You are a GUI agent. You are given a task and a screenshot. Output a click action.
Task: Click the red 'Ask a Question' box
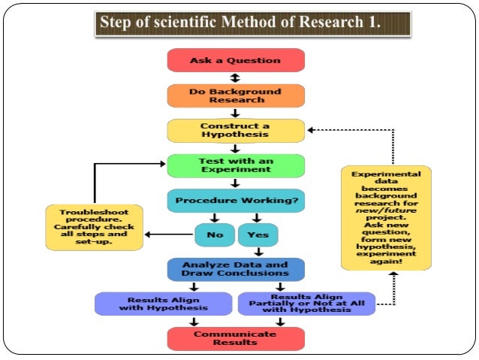pyautogui.click(x=235, y=60)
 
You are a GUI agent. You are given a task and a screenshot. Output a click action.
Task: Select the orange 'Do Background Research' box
pyautogui.click(x=235, y=95)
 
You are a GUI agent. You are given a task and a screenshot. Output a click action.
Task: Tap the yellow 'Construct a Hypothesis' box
pyautogui.click(x=235, y=130)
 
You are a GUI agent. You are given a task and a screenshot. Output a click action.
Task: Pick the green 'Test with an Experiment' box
pyautogui.click(x=235, y=165)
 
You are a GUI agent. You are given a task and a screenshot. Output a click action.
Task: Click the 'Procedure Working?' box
pyautogui.click(x=235, y=201)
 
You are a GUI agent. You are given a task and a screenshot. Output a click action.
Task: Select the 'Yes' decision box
pyautogui.click(x=258, y=235)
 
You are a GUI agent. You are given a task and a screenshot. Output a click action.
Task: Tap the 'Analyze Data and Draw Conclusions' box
pyautogui.click(x=235, y=269)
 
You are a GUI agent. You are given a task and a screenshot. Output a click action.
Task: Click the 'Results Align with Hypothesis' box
pyautogui.click(x=163, y=303)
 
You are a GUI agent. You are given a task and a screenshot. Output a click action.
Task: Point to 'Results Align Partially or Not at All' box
pyautogui.click(x=306, y=303)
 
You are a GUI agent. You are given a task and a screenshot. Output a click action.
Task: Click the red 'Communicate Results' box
pyautogui.click(x=235, y=338)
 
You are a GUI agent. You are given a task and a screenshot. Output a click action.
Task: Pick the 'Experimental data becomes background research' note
pyautogui.click(x=386, y=218)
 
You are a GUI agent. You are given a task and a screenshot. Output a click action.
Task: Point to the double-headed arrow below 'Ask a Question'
pyautogui.click(x=235, y=77)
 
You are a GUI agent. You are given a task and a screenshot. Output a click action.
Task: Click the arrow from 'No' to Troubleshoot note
pyautogui.click(x=169, y=235)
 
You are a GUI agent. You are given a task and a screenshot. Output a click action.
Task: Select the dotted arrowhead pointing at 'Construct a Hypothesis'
pyautogui.click(x=311, y=130)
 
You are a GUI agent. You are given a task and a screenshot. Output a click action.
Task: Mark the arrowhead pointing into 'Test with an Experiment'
pyautogui.click(x=161, y=162)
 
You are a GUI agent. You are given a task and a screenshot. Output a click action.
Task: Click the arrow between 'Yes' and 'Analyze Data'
pyautogui.click(x=258, y=253)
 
